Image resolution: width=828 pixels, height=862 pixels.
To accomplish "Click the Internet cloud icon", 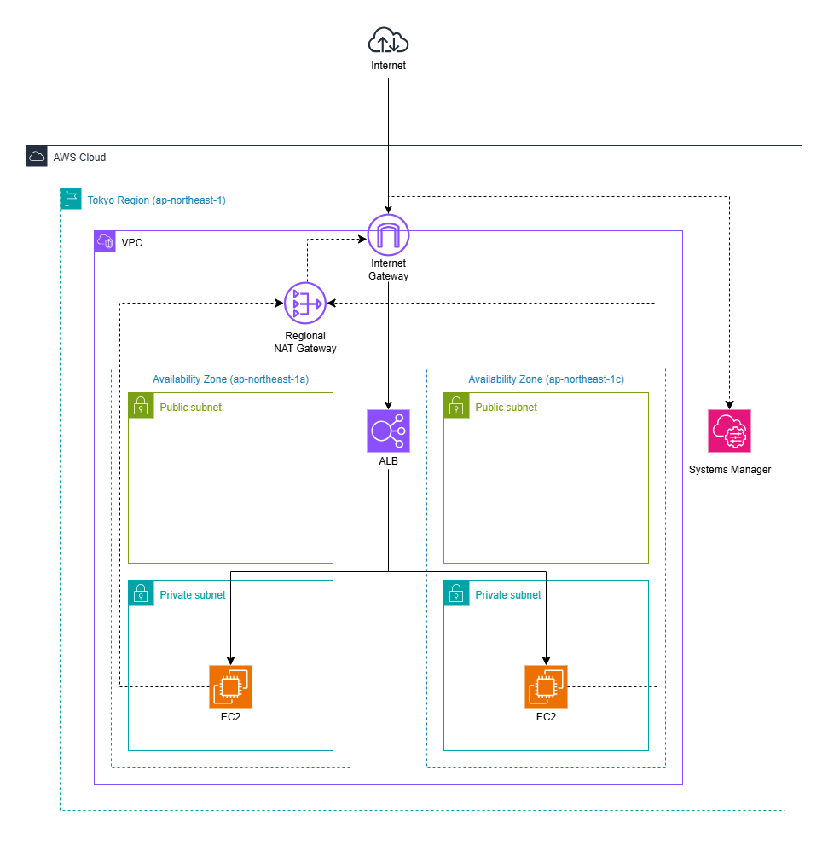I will (x=388, y=40).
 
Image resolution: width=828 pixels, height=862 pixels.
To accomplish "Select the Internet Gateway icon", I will (x=388, y=234).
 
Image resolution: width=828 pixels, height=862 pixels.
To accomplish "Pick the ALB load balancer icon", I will (x=388, y=431).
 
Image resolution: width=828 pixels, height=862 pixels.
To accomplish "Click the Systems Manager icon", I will (x=729, y=431).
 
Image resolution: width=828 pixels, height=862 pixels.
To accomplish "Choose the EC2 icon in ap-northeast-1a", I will (x=230, y=686).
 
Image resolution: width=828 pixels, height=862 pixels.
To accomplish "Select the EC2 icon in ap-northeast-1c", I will (x=546, y=686).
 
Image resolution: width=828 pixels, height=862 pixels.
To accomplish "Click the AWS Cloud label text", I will (x=79, y=158).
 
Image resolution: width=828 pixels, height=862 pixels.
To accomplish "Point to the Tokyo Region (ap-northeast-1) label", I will (x=156, y=200).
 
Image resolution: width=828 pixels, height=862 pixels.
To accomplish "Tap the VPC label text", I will (x=132, y=243).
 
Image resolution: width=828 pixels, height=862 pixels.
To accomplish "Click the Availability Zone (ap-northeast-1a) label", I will (x=230, y=379).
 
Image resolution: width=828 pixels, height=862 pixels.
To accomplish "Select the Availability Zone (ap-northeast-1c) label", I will (x=546, y=379).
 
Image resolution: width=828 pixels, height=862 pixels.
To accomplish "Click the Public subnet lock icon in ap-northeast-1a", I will (x=141, y=405).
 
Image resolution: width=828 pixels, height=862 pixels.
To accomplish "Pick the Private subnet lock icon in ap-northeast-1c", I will (x=456, y=593).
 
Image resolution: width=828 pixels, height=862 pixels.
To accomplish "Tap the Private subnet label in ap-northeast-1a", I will (x=193, y=594).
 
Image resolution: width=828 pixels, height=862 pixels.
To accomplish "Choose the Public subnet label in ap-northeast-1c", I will (x=507, y=407).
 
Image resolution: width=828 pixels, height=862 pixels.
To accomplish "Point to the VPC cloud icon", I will (x=106, y=242).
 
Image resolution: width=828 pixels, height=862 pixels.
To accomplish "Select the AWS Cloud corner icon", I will (x=37, y=157).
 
